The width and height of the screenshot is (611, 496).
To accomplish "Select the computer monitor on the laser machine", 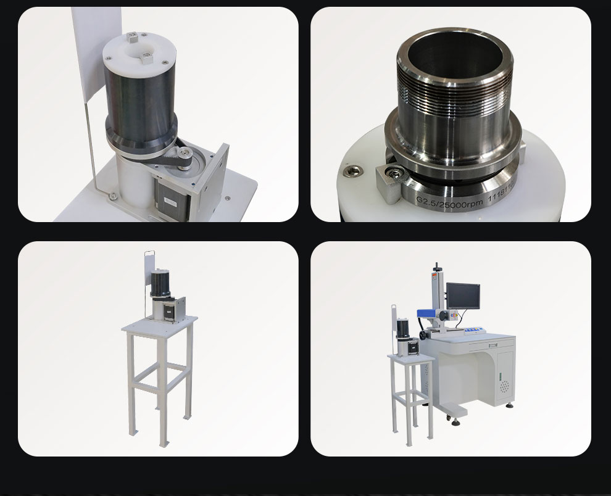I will pos(463,296).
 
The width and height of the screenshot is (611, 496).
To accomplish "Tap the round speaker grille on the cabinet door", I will pos(505,387).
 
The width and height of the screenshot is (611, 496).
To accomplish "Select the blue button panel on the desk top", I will pos(473,330).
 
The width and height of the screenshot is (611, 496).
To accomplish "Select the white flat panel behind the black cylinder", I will pos(85,56).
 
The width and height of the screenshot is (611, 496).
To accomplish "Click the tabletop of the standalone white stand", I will pos(159,324).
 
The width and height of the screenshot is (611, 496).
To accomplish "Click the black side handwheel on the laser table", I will pos(423,335).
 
